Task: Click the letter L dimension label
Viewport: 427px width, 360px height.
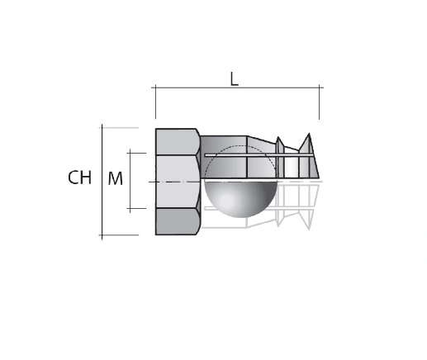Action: click(x=234, y=79)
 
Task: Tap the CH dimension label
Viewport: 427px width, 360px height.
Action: click(x=79, y=178)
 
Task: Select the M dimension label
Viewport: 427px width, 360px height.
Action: click(x=116, y=178)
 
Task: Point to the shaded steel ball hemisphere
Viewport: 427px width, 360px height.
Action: click(x=240, y=199)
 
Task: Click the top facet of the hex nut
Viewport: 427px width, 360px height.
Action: click(x=178, y=142)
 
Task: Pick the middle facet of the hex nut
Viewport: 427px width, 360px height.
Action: click(x=178, y=182)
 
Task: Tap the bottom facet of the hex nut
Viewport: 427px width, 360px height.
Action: click(x=178, y=221)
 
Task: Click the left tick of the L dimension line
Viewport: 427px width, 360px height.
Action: click(x=155, y=88)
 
